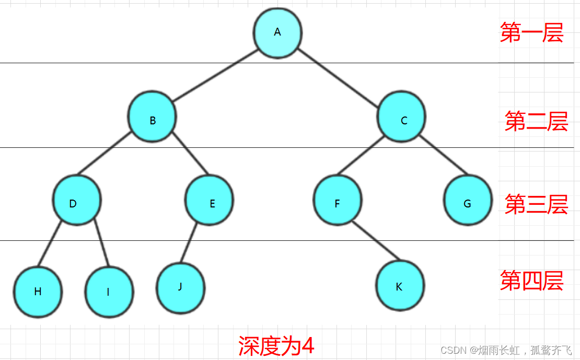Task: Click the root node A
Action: pos(277,32)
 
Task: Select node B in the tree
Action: pos(152,117)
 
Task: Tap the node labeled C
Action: pos(401,117)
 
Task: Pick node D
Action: pos(77,200)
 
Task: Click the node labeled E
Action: pos(209,200)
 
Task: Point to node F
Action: pos(338,200)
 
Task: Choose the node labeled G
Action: pos(468,200)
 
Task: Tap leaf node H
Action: pos(38,292)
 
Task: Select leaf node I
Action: pos(109,292)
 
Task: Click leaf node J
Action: pos(180,288)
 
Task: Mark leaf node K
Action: pos(400,285)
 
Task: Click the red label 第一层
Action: pos(531,32)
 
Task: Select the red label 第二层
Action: pos(536,121)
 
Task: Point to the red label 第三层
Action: pos(536,204)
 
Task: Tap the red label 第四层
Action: pos(531,281)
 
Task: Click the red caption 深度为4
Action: pos(276,345)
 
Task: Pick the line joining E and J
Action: pos(189,243)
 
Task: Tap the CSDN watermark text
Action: pos(506,350)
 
